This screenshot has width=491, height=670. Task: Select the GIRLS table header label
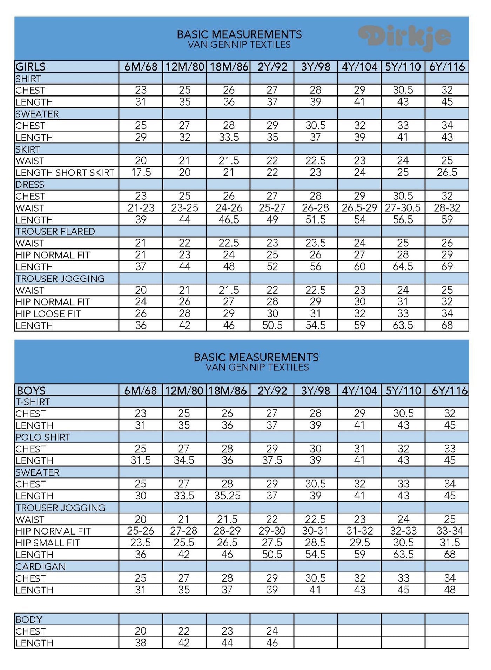pos(31,67)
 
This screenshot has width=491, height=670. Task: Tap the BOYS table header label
pos(31,390)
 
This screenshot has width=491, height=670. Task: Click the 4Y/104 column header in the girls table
pos(359,67)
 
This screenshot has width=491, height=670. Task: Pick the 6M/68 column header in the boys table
pos(140,390)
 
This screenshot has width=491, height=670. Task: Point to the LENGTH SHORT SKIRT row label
pos(65,173)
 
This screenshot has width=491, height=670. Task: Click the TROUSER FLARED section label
pos(55,232)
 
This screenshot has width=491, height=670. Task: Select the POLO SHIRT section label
pos(43,437)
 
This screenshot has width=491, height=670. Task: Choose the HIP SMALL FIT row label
pos(48,543)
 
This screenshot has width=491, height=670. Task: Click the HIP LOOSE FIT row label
pos(48,314)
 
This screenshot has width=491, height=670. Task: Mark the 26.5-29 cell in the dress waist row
pos(359,208)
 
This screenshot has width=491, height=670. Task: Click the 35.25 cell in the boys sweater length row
pos(227,496)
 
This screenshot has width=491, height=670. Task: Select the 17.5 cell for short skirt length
pos(141,173)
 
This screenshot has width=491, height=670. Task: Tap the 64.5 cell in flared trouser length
pos(403,267)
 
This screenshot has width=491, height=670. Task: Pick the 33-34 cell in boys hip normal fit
pos(450,531)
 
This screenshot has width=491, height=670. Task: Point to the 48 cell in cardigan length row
pos(450,590)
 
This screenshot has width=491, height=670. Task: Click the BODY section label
pos(29,619)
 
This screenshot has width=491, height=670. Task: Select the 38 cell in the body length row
pos(140,643)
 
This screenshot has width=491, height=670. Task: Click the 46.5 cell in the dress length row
pos(229,220)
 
